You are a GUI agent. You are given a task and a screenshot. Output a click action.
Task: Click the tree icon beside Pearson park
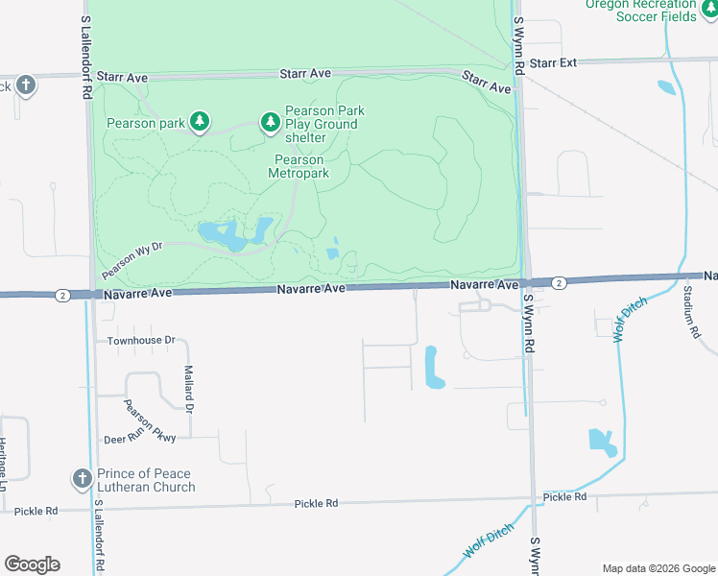pyautogui.click(x=199, y=122)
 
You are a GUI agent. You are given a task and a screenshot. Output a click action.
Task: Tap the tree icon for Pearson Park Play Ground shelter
pyautogui.click(x=271, y=122)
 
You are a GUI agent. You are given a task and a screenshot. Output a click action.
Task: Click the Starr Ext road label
pyautogui.click(x=554, y=62)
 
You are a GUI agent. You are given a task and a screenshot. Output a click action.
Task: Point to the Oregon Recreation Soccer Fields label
pyautogui.click(x=642, y=10)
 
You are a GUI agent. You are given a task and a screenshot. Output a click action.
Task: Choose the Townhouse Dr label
pyautogui.click(x=141, y=341)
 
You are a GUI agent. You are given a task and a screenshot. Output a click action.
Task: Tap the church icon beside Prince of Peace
pyautogui.click(x=82, y=478)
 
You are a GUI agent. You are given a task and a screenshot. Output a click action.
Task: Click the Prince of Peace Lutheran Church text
pyautogui.click(x=146, y=480)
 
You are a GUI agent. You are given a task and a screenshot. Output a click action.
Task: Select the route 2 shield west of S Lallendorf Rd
pyautogui.click(x=62, y=295)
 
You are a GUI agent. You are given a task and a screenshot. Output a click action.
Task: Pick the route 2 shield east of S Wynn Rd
pyautogui.click(x=559, y=282)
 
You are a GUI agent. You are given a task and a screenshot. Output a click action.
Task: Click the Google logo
pyautogui.click(x=32, y=564)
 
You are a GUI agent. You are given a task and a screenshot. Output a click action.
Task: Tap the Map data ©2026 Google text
pyautogui.click(x=658, y=568)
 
